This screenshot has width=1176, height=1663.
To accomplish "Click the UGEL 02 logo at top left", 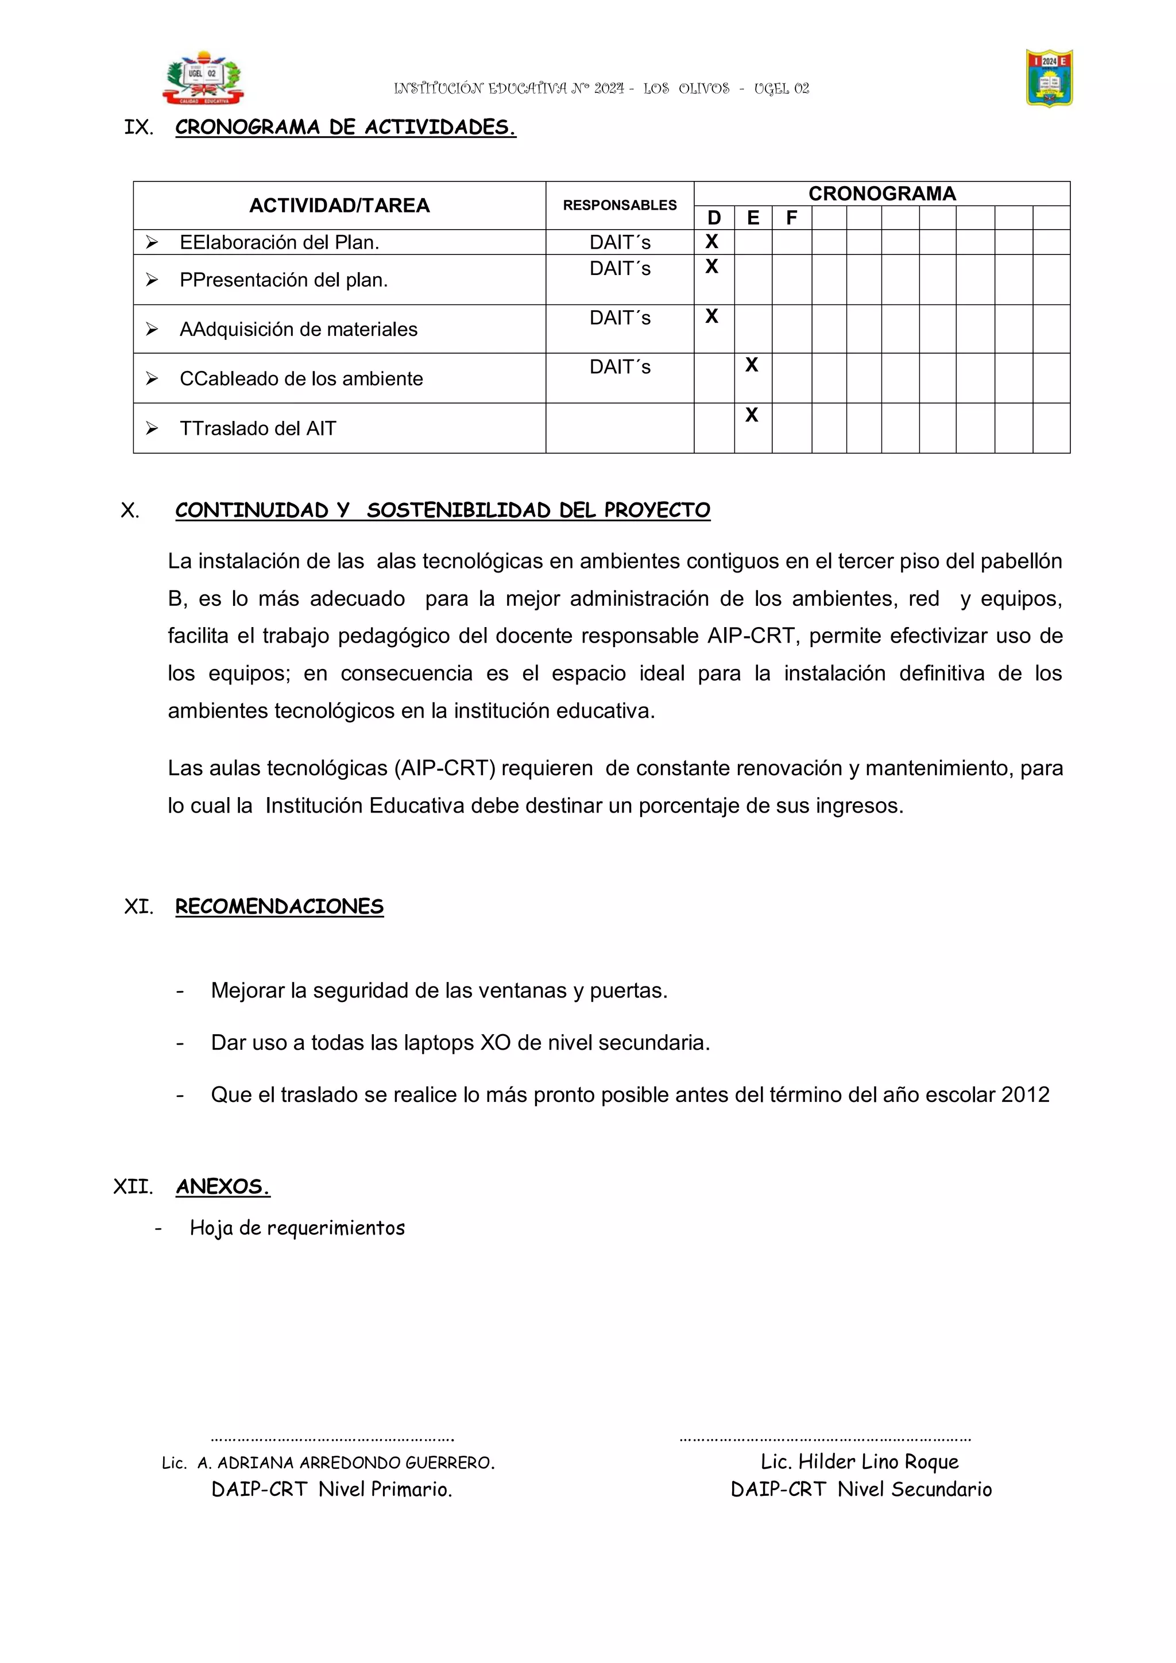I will [203, 78].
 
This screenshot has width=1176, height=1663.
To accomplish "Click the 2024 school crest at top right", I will [1049, 78].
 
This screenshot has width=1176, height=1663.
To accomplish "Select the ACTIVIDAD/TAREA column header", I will [339, 206].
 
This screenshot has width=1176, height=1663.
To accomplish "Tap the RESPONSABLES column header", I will [619, 206].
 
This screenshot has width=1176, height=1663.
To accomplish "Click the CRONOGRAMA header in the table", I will [881, 194].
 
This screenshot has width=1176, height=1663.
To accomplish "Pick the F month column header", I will [791, 218].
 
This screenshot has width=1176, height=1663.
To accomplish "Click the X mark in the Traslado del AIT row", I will [752, 415].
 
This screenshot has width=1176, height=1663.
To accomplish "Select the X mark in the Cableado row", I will [752, 365].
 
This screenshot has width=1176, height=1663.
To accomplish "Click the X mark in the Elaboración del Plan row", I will [712, 242].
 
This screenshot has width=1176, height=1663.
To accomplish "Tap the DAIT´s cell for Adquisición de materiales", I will [620, 318].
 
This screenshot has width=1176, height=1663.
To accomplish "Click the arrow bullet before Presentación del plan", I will [152, 280].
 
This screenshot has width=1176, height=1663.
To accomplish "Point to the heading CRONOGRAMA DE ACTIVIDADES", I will [346, 127].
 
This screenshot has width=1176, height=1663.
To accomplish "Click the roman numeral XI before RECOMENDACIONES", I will [138, 907].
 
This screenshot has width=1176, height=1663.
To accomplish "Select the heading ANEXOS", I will [223, 1186].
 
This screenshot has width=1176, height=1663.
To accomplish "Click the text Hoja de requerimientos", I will [297, 1228].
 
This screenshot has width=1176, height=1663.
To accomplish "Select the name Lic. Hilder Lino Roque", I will [860, 1461].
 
